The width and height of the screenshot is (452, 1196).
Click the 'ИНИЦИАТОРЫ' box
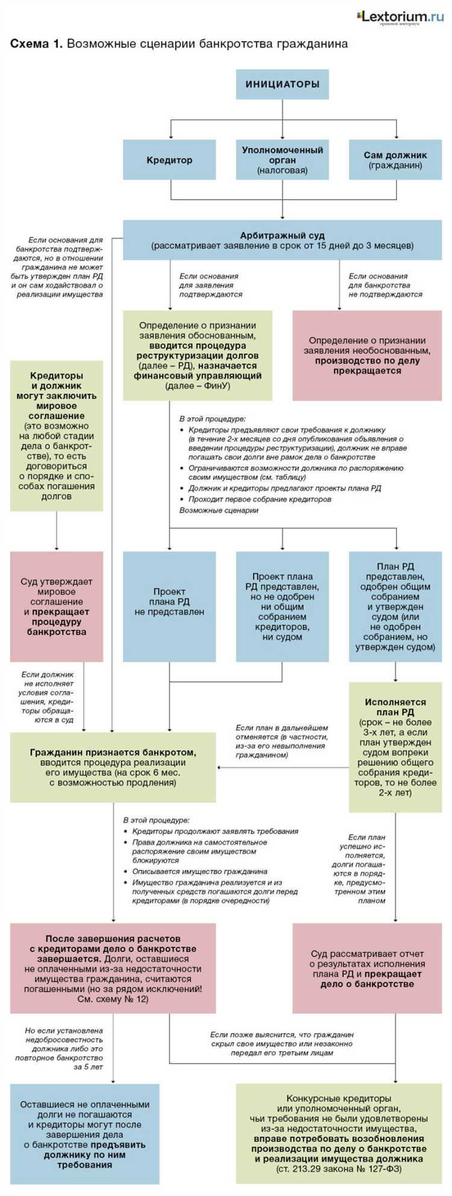(282, 84)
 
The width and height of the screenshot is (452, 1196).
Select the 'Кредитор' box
(169, 160)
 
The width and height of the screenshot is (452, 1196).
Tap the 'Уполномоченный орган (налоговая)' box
(282, 160)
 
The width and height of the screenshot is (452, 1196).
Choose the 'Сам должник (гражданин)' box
(395, 160)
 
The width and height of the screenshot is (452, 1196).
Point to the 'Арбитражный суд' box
(282, 240)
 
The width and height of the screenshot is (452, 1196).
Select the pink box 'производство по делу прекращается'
(367, 356)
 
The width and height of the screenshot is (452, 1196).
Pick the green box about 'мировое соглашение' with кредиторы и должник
(57, 435)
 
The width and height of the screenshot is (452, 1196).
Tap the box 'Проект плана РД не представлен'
(169, 606)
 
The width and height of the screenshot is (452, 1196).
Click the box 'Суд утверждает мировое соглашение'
(57, 606)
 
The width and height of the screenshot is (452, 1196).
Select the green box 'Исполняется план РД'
(395, 747)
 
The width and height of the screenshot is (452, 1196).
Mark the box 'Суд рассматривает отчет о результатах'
(367, 968)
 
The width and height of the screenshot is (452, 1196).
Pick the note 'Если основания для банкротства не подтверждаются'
(385, 285)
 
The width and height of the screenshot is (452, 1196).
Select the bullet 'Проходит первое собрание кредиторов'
(260, 499)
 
